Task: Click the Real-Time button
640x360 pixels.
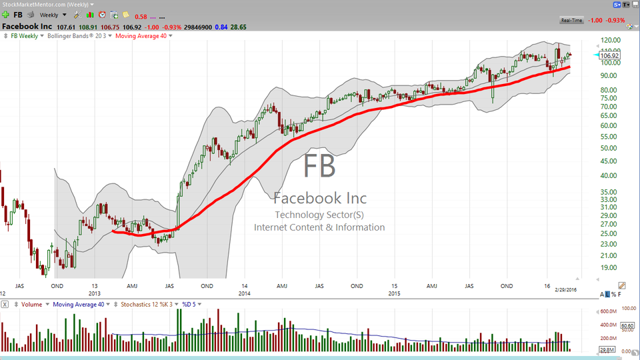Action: click(572, 21)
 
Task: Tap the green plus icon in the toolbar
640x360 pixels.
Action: click(5, 15)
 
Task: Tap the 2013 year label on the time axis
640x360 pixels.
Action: click(95, 293)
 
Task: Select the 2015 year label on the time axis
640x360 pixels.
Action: click(395, 293)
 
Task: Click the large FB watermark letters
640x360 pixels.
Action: click(319, 166)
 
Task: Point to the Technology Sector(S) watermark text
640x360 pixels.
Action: click(319, 215)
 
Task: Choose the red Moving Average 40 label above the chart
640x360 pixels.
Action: click(142, 35)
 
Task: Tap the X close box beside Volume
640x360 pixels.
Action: click(5, 304)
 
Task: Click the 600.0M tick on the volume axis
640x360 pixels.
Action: click(607, 311)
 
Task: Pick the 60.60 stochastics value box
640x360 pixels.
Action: click(627, 326)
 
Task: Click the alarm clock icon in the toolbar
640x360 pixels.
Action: click(102, 15)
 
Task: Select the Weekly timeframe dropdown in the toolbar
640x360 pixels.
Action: click(51, 15)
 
